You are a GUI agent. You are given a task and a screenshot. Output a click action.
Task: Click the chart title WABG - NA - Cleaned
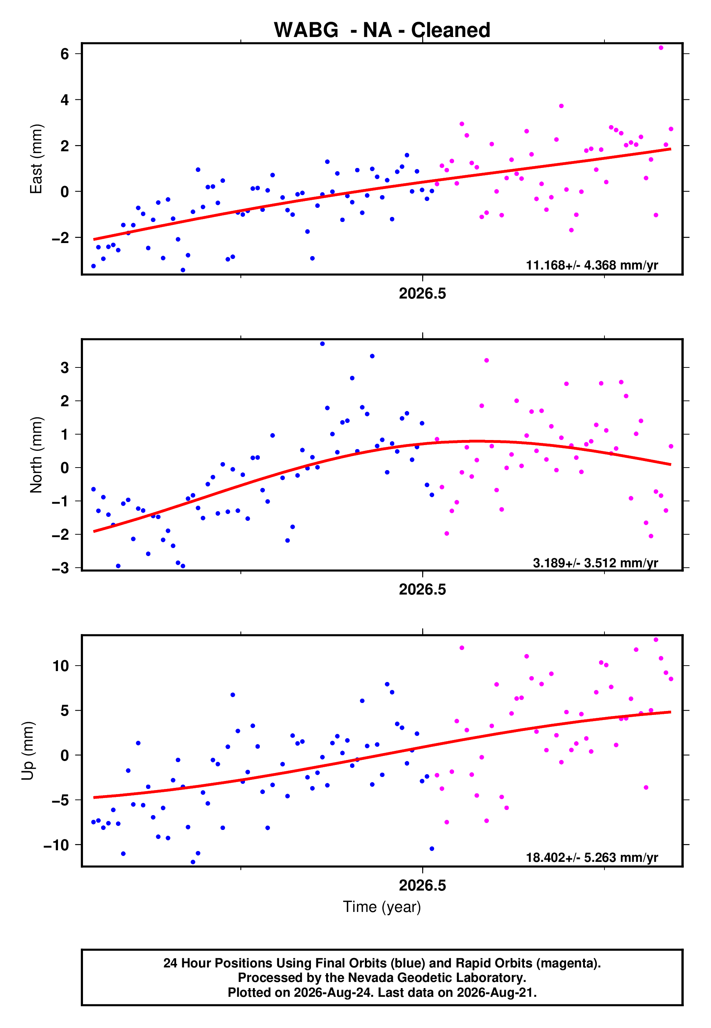click(x=382, y=30)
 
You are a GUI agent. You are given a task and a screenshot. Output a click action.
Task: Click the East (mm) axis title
click(x=36, y=159)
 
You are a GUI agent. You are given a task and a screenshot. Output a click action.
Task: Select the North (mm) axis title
click(x=36, y=455)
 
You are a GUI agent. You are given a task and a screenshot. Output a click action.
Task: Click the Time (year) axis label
click(x=382, y=907)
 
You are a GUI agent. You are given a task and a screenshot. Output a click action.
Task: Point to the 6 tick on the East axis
click(x=65, y=54)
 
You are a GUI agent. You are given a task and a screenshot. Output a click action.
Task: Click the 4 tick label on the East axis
click(x=65, y=100)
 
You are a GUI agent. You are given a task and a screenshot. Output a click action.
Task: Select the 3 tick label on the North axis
click(x=65, y=368)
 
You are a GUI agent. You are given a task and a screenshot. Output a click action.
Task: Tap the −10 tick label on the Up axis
click(x=57, y=845)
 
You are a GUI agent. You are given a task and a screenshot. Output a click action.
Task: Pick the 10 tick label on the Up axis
click(x=61, y=666)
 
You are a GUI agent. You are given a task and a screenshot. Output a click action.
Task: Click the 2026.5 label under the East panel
click(x=422, y=293)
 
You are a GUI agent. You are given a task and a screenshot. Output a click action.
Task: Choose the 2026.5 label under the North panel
click(x=422, y=589)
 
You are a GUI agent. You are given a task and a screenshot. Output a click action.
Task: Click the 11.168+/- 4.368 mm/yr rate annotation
click(x=592, y=265)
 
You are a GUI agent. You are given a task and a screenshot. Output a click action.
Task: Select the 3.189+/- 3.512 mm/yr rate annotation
click(x=596, y=563)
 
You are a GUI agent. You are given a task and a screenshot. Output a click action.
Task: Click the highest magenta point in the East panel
click(x=661, y=48)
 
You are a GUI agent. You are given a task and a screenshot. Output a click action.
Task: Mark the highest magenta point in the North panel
click(x=486, y=360)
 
